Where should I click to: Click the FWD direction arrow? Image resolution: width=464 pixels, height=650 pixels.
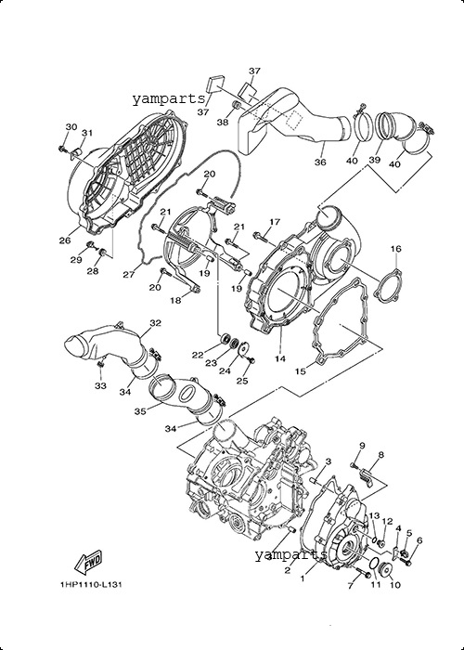point(88,562)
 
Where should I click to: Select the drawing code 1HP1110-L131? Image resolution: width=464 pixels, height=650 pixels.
point(91,584)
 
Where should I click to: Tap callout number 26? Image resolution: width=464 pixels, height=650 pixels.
point(65,240)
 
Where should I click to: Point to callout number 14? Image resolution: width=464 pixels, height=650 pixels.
point(280,358)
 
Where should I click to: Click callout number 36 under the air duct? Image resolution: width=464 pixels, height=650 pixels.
point(320,162)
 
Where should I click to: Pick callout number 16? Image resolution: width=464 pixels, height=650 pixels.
point(395,249)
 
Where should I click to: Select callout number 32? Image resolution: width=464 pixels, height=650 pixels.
point(155,322)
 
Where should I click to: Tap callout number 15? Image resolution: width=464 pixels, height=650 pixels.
point(301,371)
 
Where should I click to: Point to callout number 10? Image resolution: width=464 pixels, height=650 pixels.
point(395,585)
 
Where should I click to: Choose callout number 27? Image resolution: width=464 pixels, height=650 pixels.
point(129,274)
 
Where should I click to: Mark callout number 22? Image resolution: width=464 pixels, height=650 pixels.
point(198,355)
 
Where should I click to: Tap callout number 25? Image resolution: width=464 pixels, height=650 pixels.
point(242,380)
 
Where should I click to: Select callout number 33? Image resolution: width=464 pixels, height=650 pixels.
point(100,385)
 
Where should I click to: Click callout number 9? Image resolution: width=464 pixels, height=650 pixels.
point(362,446)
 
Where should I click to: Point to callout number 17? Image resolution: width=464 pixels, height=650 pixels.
point(275,222)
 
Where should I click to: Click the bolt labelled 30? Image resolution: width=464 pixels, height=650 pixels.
point(63,148)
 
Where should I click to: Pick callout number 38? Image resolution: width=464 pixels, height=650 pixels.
point(223,122)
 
